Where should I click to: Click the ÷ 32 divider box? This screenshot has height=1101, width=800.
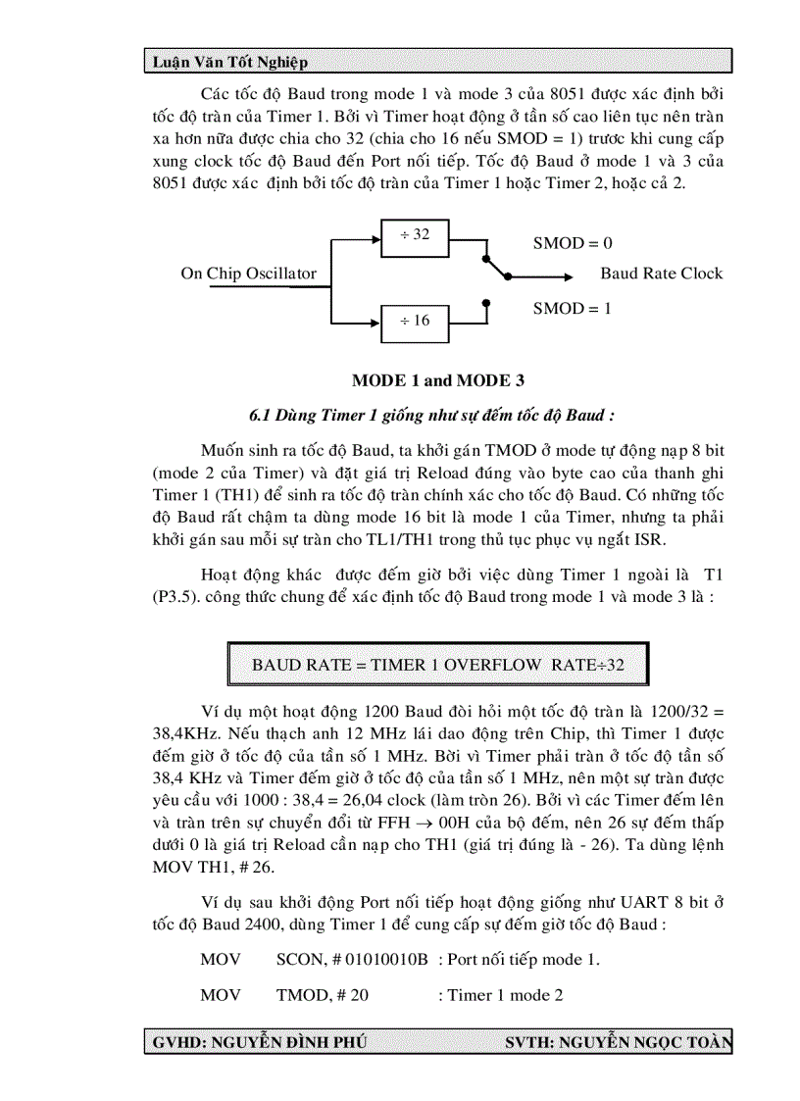(415, 235)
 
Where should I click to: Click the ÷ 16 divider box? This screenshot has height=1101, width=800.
(415, 321)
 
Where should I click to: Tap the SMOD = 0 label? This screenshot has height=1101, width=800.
(573, 243)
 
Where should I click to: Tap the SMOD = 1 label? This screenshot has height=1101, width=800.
(573, 308)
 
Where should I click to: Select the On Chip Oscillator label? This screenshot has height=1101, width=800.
(248, 274)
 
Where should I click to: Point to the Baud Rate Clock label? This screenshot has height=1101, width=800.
(661, 274)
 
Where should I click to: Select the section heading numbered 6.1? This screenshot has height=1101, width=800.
(431, 415)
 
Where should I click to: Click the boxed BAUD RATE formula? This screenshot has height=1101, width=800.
(437, 665)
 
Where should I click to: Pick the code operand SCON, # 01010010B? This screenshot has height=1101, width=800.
(352, 959)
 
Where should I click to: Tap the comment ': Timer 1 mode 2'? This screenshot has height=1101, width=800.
(500, 995)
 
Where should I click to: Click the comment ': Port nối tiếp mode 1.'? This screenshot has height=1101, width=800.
(519, 959)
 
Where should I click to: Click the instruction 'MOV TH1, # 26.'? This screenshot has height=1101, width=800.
(212, 869)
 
